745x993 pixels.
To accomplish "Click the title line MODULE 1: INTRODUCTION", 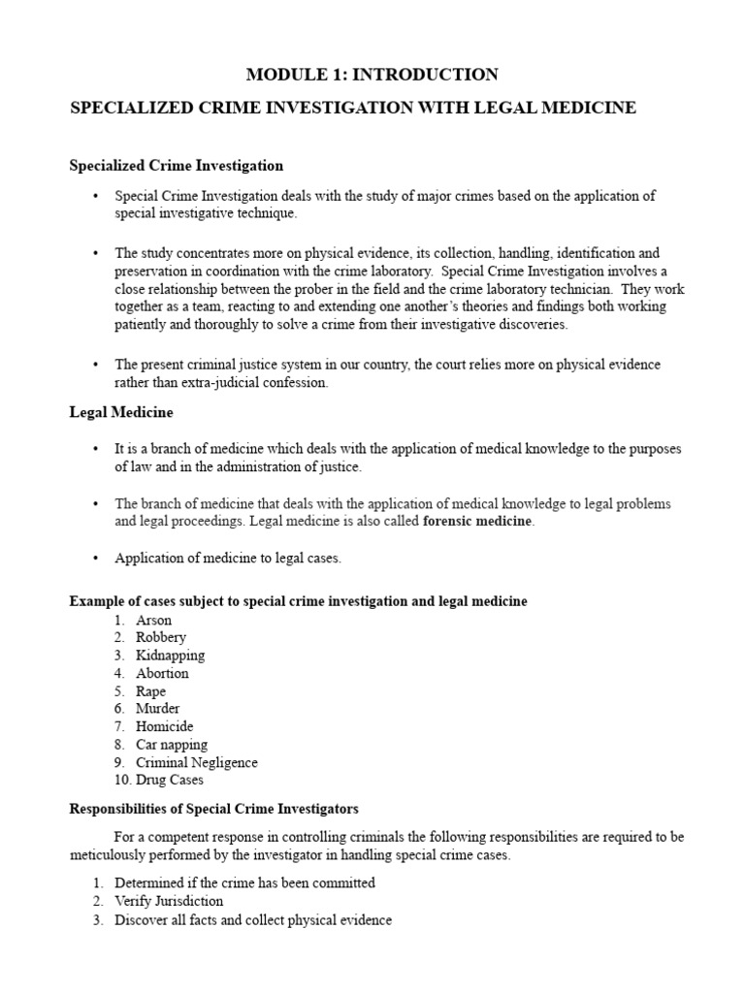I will pos(372,75).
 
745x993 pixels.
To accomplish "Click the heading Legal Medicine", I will pos(121,412).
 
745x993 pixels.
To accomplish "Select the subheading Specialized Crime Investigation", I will pos(177,166).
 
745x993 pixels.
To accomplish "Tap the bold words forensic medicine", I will pos(478,521).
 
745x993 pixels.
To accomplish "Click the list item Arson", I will pos(153,620).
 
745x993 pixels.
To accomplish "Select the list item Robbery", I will pos(160,637).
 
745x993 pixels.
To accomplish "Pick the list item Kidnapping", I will pos(170,656).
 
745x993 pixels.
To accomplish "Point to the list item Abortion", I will pos(162,673).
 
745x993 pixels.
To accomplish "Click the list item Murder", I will pos(157,709).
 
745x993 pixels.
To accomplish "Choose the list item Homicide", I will pos(164,726).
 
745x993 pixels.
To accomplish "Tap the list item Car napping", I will pos(172,745).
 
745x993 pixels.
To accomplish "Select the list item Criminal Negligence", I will pos(196,762).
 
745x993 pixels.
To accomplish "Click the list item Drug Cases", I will pos(170,780).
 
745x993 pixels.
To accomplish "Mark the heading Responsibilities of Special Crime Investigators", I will pos(214,809).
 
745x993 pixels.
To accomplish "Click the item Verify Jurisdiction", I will pos(169,901).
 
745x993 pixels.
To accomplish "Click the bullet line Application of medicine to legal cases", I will pos(228,559).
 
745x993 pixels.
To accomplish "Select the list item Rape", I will pos(150,691).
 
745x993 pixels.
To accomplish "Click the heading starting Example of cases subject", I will pos(299,601).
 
